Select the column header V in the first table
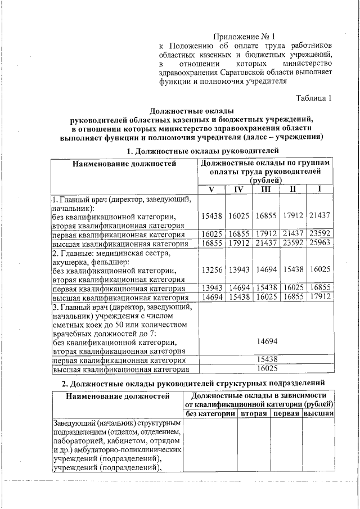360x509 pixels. (210, 189)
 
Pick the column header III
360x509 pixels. (264, 189)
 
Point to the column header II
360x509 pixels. (292, 189)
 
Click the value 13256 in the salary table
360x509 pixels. (210, 270)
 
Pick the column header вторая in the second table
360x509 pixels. (253, 413)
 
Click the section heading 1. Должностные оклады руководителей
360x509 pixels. (202, 151)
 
